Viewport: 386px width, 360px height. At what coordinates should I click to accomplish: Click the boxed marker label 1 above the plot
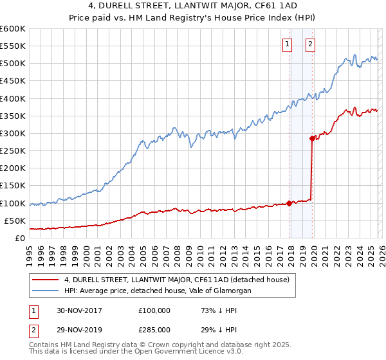pyautogui.click(x=286, y=44)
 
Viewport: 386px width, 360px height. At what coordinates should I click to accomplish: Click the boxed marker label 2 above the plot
pyautogui.click(x=310, y=44)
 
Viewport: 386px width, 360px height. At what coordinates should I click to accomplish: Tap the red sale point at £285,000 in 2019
pyautogui.click(x=312, y=138)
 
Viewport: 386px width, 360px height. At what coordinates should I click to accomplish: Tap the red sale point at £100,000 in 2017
pyautogui.click(x=289, y=203)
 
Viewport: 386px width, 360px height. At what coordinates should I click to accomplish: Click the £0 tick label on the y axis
pyautogui.click(x=21, y=238)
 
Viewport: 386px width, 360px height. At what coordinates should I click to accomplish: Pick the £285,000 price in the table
pyautogui.click(x=154, y=329)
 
